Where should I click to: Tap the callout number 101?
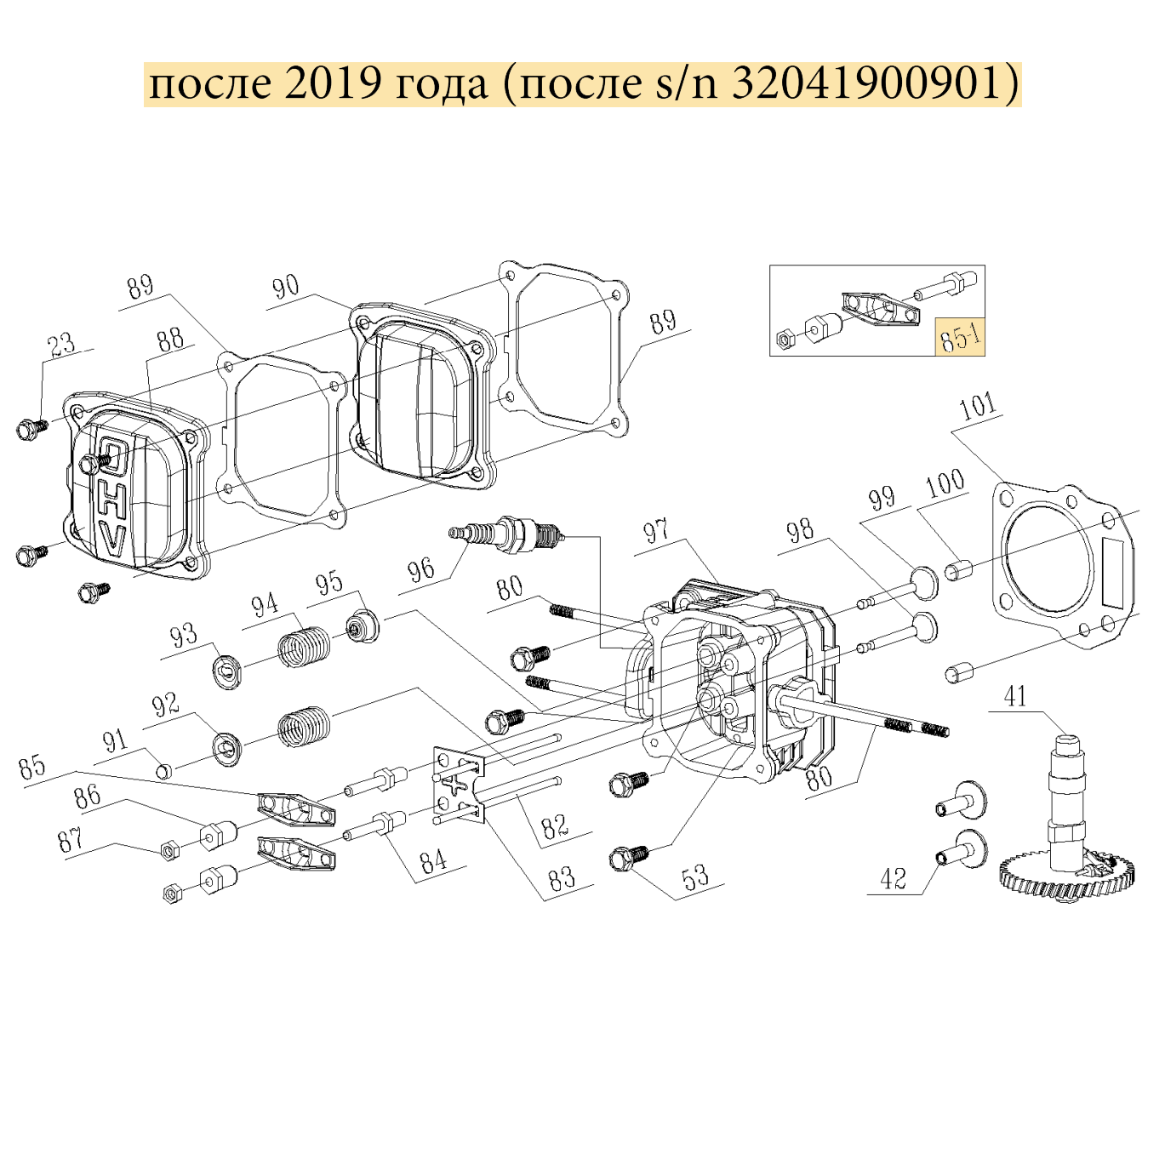978,407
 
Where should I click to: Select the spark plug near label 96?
506,532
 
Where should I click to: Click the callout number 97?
657,531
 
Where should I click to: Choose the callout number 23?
64,344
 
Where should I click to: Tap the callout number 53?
697,876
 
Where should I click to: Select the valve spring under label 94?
304,646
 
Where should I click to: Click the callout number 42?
894,878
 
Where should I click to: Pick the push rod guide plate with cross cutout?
459,785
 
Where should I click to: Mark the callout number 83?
563,877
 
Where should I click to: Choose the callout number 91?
115,740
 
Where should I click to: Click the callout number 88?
170,339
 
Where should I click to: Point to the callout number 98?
801,532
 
